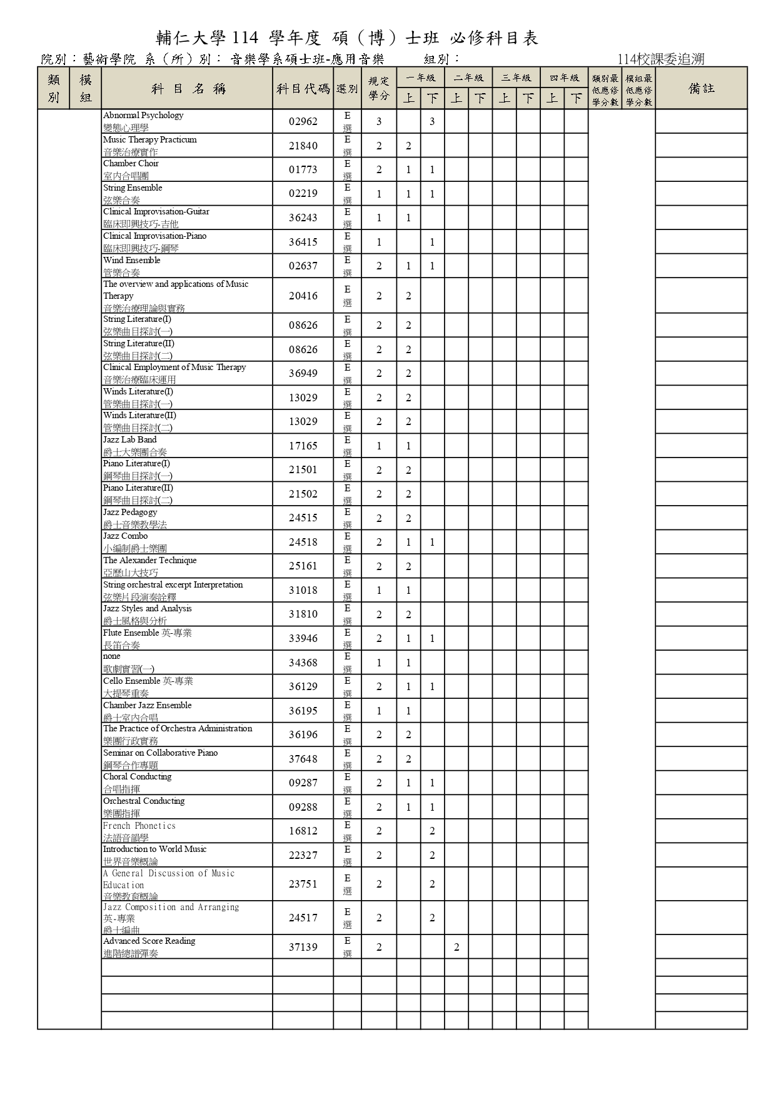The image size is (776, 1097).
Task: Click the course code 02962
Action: point(303,121)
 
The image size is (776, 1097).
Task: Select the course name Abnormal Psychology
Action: point(143,116)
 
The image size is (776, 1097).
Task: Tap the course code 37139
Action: point(303,947)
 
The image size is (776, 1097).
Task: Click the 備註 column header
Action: point(701,89)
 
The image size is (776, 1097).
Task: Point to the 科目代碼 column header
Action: point(303,89)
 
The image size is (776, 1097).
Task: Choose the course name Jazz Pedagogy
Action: point(130,513)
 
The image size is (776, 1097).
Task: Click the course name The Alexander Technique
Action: point(149,561)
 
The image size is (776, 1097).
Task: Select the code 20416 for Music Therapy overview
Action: point(303,296)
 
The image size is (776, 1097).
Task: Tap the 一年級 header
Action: point(420,78)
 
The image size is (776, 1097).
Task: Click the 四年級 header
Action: point(564,78)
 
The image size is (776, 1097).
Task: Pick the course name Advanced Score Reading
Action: point(149,941)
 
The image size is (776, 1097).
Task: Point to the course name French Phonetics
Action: point(139,826)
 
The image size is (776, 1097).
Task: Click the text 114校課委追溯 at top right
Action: point(660,59)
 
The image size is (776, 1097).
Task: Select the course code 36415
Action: point(303,242)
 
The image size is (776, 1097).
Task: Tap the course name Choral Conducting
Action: point(137,777)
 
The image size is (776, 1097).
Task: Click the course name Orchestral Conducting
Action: point(144,801)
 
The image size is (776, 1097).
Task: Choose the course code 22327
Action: point(303,855)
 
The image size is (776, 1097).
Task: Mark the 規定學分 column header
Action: point(378,89)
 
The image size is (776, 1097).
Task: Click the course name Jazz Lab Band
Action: point(129,440)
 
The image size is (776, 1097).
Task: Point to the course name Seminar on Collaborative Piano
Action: point(160,753)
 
